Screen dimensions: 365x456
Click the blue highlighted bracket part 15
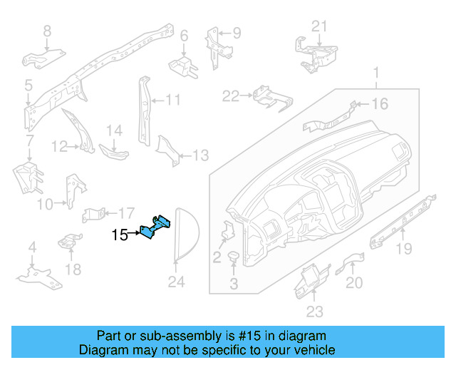[x=157, y=227]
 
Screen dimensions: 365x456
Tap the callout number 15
[x=120, y=234]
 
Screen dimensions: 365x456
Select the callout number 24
[x=176, y=283]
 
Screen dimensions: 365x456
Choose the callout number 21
[x=320, y=27]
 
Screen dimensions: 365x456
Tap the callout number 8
[x=48, y=31]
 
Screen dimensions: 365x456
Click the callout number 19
[x=404, y=249]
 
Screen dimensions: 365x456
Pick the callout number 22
[x=230, y=96]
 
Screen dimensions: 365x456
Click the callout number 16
[x=379, y=105]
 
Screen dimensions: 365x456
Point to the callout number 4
[x=32, y=247]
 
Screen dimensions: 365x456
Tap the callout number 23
[x=314, y=311]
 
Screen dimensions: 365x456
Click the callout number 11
[x=173, y=100]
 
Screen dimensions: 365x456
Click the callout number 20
[x=354, y=283]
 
